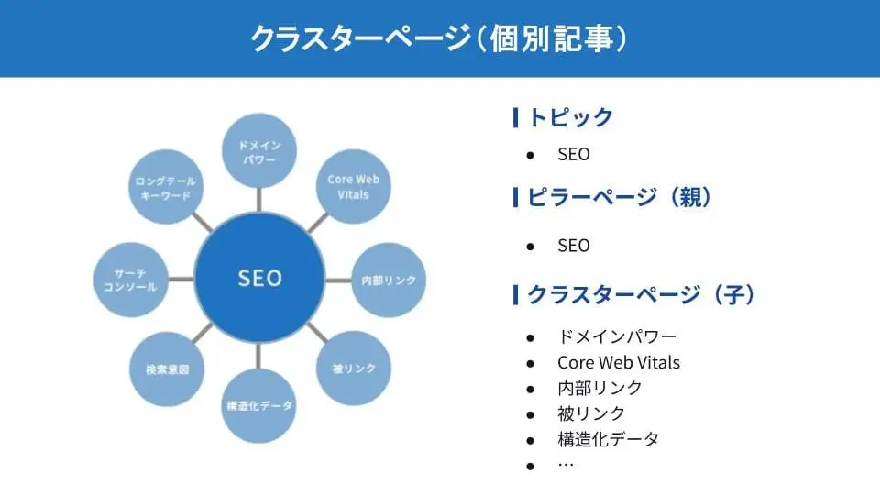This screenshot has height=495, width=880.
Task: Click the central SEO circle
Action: (x=259, y=278)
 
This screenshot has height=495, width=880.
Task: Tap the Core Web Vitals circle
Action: (x=353, y=186)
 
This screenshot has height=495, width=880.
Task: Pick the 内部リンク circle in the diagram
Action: (x=389, y=280)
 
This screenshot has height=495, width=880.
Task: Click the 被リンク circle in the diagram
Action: (x=353, y=368)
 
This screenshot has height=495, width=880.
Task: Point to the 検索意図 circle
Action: (x=167, y=369)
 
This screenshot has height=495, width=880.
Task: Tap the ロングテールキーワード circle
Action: (x=166, y=188)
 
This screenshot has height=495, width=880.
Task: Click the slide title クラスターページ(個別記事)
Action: (x=439, y=38)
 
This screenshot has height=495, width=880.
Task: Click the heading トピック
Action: (x=570, y=117)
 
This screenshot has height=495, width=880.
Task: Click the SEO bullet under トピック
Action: (x=574, y=154)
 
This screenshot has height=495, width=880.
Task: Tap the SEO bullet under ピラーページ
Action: (x=574, y=246)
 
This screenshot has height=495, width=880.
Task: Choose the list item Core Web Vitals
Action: (x=619, y=362)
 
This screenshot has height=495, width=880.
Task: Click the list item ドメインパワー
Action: (x=617, y=336)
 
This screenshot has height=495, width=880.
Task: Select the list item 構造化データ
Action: (x=608, y=439)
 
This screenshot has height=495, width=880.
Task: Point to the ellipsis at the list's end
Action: (x=565, y=465)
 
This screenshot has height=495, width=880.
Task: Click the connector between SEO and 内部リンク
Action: (x=338, y=280)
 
